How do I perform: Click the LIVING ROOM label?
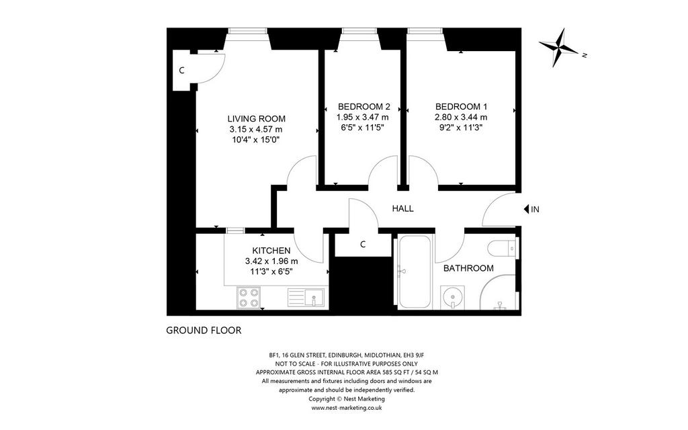tap(256, 119)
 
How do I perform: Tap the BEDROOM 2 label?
tap(363, 107)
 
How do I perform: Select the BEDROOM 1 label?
tap(461, 107)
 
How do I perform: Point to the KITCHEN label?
tap(271, 251)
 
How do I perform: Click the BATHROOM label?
tap(468, 268)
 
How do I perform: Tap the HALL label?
tap(403, 208)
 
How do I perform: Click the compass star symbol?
tap(559, 48)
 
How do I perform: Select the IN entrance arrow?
tap(527, 210)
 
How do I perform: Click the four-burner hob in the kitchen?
tap(249, 297)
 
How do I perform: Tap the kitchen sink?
tap(306, 297)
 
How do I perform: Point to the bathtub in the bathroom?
tap(415, 272)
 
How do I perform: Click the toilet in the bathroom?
tap(504, 247)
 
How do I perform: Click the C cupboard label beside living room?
tap(181, 70)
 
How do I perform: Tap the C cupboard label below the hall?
tap(363, 245)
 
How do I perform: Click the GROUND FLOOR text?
tap(204, 331)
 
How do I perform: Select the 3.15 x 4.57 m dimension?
tap(256, 130)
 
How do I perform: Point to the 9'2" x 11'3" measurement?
tap(461, 128)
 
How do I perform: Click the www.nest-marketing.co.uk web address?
tap(347, 408)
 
